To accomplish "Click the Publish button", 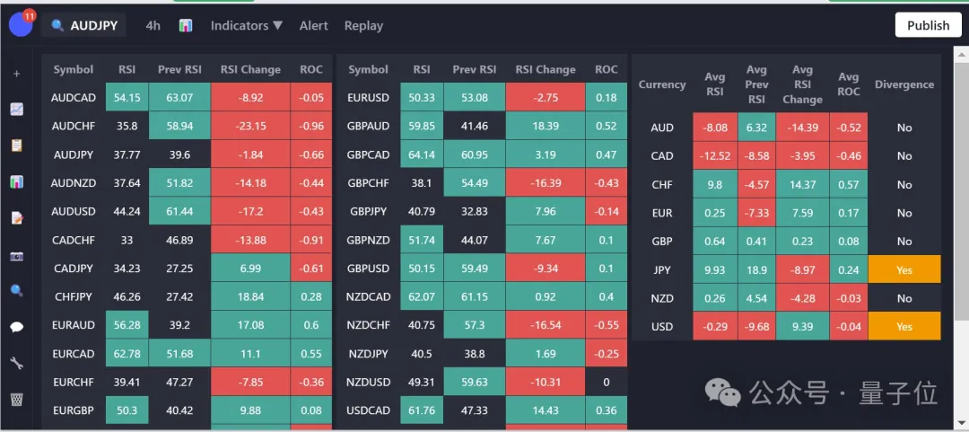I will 928,25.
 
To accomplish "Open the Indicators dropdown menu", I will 247,26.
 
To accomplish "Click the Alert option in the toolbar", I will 313,26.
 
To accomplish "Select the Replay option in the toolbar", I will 363,26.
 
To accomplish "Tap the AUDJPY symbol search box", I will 85,26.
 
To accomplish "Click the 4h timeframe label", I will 153,26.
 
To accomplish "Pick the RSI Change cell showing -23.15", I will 249,127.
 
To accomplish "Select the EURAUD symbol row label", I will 74,325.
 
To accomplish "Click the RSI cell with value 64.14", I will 421,154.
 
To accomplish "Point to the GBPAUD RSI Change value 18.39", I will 545,127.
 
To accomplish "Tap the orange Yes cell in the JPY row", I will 904,269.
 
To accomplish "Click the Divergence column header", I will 904,84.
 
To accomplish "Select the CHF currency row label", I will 662,184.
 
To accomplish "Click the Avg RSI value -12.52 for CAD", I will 715,155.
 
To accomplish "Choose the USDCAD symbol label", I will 369,410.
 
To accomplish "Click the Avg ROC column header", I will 848,84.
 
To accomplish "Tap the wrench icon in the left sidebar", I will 16,363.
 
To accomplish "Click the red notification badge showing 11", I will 29,15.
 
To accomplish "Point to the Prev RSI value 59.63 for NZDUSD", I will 475,382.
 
